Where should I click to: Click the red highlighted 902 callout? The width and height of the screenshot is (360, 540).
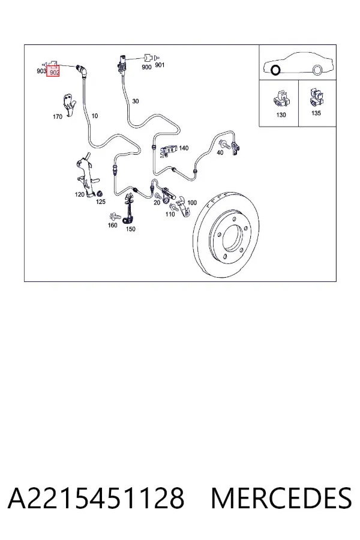pos(53,71)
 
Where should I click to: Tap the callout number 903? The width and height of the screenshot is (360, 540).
pos(41,71)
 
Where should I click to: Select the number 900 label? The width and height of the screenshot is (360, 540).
pos(146,67)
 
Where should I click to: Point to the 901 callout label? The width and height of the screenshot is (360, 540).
pos(160,65)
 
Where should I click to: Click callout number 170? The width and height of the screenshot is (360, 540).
pos(58,117)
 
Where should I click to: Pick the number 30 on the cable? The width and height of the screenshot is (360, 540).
pos(136,101)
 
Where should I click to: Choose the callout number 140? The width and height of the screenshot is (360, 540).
pos(184,148)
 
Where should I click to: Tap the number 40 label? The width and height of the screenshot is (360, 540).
pos(220,152)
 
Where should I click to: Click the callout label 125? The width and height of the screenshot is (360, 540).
pos(101,202)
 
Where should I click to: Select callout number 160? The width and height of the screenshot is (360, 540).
pos(113,225)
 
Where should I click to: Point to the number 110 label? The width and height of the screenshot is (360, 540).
pos(170,214)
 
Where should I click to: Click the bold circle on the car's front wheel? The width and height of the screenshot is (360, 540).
pos(275,70)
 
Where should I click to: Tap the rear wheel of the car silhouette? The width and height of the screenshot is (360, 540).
pos(317,70)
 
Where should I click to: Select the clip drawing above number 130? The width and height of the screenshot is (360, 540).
pos(281,99)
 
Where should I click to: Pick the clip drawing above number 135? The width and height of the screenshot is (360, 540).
pos(316,97)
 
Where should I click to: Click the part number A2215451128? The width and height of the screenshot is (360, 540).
pos(96,499)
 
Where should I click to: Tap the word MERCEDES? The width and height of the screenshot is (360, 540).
pos(281,499)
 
